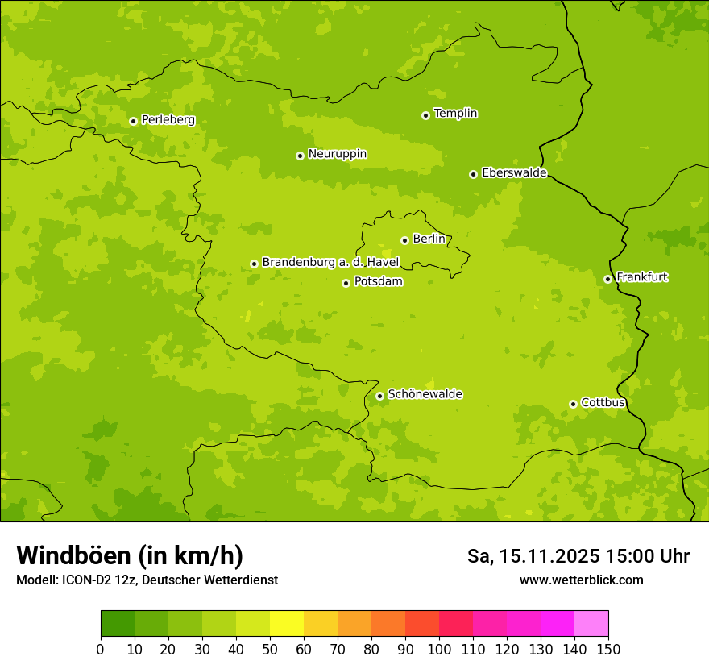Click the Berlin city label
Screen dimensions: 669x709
pyautogui.click(x=429, y=239)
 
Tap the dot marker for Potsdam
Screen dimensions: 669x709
pyautogui.click(x=346, y=283)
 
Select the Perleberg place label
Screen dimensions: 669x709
pyautogui.click(x=168, y=120)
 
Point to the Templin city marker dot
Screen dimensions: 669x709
pyautogui.click(x=425, y=115)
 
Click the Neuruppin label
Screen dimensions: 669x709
pyautogui.click(x=337, y=154)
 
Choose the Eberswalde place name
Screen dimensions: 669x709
pyautogui.click(x=514, y=173)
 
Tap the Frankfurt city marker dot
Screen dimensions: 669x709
pyautogui.click(x=607, y=279)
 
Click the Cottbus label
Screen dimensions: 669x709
pyautogui.click(x=603, y=402)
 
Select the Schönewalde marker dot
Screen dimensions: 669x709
pyautogui.click(x=379, y=396)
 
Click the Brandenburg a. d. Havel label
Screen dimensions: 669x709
pyautogui.click(x=330, y=263)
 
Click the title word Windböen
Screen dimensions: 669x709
pyautogui.click(x=73, y=555)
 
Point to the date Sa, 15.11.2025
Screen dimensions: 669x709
pyautogui.click(x=533, y=556)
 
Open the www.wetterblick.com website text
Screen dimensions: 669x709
pyautogui.click(x=581, y=580)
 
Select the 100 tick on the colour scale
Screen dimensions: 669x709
pyautogui.click(x=439, y=649)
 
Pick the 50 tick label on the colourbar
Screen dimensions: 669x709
pyautogui.click(x=270, y=649)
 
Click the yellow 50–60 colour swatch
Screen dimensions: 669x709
pyautogui.click(x=287, y=624)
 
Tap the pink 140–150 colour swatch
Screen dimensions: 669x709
pyautogui.click(x=591, y=624)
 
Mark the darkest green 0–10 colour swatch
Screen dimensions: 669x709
pyautogui.click(x=118, y=624)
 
